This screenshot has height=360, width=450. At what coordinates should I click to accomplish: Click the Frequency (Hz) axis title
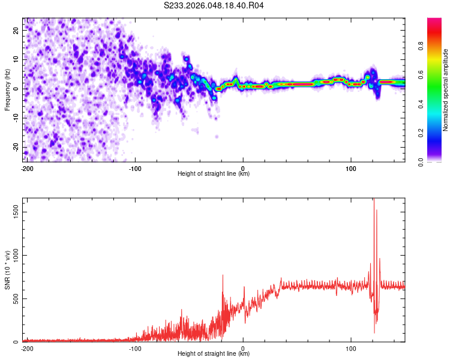point(8,89)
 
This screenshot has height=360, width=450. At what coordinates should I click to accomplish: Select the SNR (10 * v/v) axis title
point(8,269)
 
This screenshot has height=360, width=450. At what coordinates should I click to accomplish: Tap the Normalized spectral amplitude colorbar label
point(446,89)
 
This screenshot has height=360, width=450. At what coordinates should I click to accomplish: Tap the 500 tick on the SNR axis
point(15,298)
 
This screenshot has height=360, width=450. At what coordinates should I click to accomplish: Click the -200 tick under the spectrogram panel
point(27,167)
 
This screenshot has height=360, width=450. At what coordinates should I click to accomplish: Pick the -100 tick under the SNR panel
point(135,347)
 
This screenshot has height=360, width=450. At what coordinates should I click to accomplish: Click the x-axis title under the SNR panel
point(214,354)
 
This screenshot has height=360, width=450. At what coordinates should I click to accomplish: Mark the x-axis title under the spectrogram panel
point(214,174)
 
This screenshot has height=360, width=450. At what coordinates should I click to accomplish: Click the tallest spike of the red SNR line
point(374,200)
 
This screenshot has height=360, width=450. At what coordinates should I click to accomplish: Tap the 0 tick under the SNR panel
point(243,347)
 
